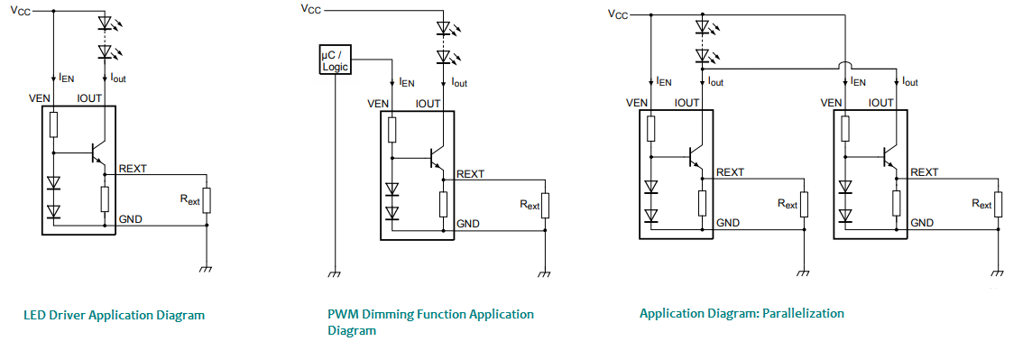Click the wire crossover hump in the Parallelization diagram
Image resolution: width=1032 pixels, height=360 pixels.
pos(844,64)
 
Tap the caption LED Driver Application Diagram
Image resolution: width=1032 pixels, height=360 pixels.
pos(115,315)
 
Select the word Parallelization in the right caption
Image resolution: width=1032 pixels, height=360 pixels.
pos(803,313)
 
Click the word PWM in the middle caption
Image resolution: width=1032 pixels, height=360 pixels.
pos(341,314)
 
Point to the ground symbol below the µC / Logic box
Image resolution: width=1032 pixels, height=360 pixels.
pos(335,273)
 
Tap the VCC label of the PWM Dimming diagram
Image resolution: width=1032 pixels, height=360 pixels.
pos(310,9)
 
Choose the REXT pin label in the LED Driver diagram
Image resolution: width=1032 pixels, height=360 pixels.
pos(133,169)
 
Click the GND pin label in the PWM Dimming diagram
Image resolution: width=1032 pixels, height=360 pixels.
pos(468,224)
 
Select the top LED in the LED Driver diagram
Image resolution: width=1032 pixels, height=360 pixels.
pos(106,23)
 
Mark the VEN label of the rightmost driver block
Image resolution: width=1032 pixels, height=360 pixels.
pos(833,104)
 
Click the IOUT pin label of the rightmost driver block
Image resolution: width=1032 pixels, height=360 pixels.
pos(880,104)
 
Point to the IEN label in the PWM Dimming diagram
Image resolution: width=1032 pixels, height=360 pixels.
pos(408,83)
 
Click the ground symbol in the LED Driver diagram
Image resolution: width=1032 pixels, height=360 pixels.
pos(207,269)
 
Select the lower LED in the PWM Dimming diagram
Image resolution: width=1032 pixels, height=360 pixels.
pos(444,56)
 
